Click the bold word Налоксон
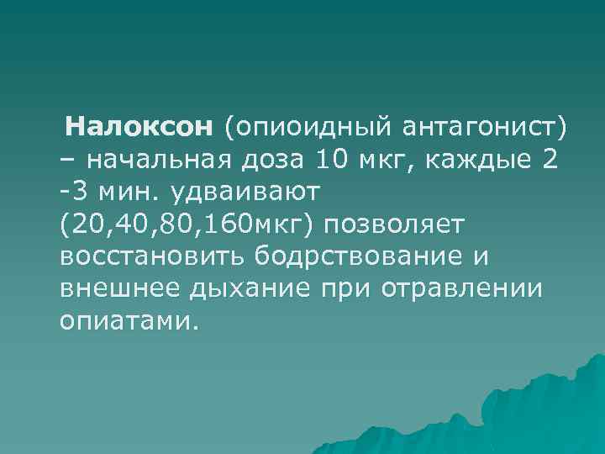[x=139, y=127]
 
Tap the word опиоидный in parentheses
[x=306, y=128]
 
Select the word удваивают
[x=244, y=193]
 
